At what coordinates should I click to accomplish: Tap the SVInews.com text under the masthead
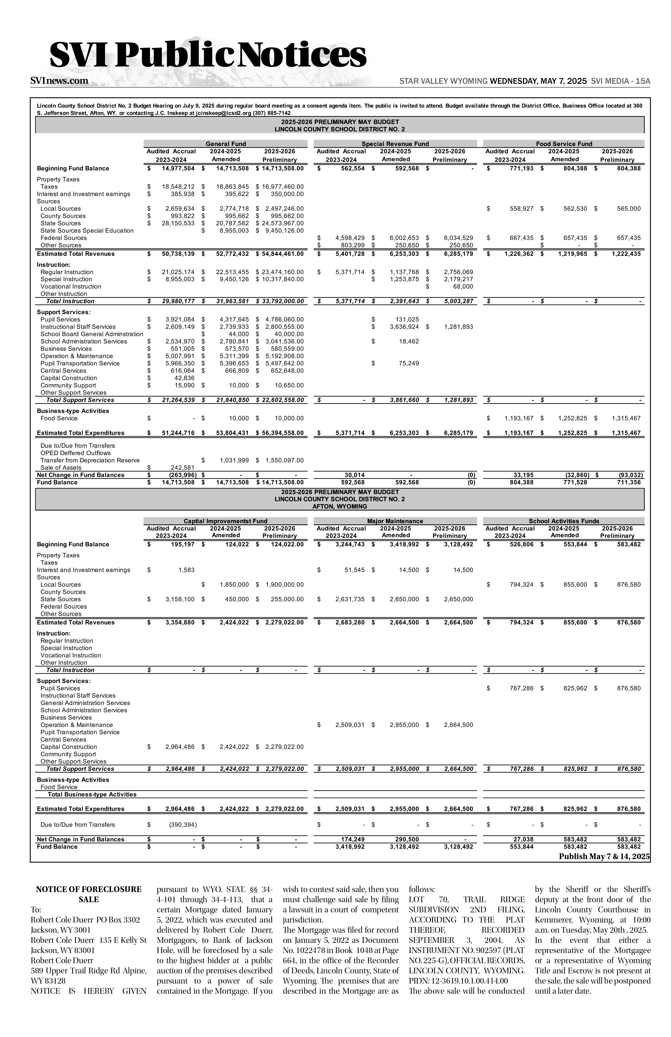click(59, 81)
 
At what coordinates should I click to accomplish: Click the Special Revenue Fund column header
click(395, 144)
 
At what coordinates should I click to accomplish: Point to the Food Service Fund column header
click(564, 144)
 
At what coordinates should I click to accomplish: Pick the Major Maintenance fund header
click(395, 521)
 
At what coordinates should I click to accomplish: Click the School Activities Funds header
click(564, 521)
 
